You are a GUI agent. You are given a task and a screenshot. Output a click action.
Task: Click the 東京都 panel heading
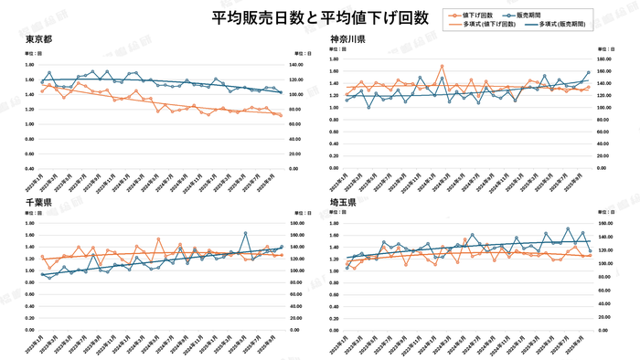coord(39,39)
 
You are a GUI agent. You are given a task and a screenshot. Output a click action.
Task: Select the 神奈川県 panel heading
coord(348,39)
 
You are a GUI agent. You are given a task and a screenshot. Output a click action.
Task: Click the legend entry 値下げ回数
coord(479,16)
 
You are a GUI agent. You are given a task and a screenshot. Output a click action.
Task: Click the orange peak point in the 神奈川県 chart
coord(443,66)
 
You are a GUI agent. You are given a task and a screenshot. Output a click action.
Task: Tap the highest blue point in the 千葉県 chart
coord(246,233)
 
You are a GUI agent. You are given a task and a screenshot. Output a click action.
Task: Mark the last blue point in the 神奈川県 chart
coord(588,72)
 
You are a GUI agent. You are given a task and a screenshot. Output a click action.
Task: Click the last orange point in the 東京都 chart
coord(281,116)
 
